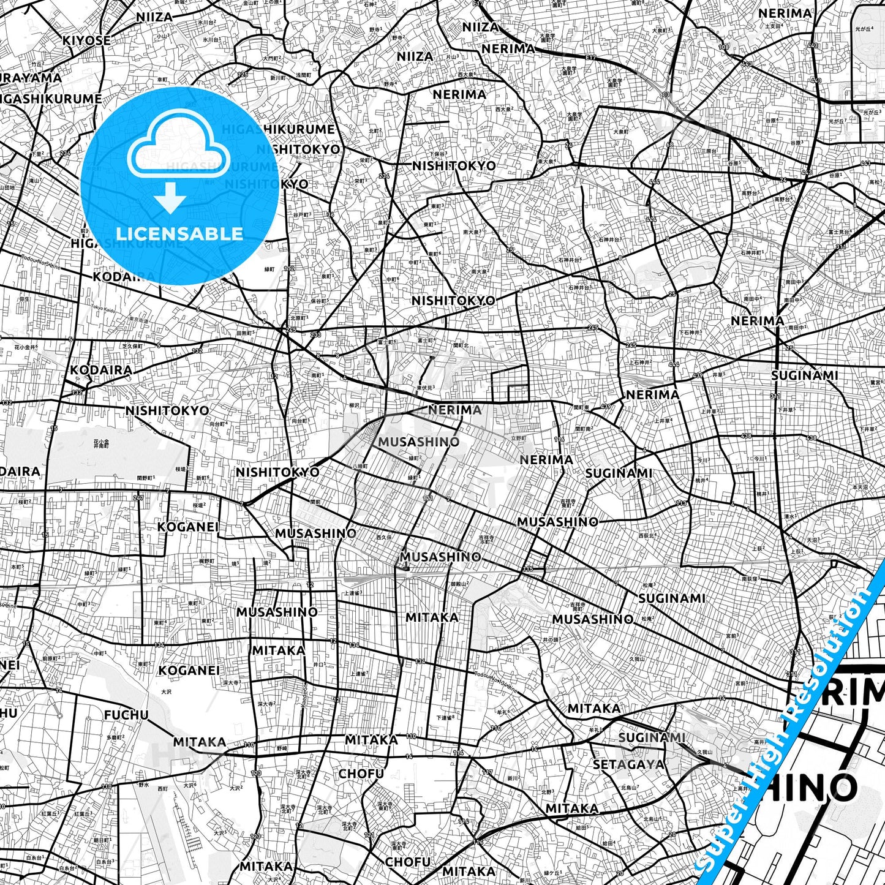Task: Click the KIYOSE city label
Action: pos(86,40)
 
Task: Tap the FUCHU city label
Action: pos(126,715)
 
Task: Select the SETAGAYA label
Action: pos(628,764)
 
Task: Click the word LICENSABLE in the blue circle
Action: pos(179,233)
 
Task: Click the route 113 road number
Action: pos(681,503)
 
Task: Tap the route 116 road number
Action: pos(559,439)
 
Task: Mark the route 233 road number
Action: pos(315,335)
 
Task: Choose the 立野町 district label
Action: pos(518,438)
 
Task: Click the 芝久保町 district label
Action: pos(132,346)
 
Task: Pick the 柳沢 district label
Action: pos(354,405)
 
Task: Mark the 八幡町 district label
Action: pos(361,465)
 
